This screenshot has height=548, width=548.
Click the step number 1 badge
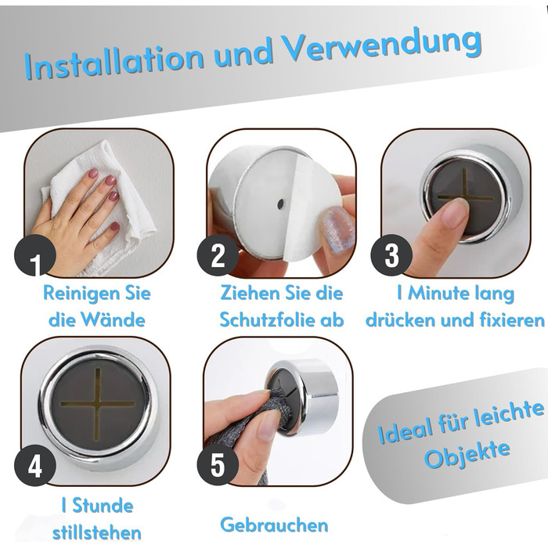tap(35, 255)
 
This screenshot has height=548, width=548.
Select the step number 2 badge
tap(218, 255)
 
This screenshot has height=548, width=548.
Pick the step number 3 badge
tap(391, 255)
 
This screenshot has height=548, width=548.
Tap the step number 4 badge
tap(35, 465)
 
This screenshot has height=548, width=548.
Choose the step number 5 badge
tap(218, 465)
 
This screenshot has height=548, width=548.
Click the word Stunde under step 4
tap(103, 506)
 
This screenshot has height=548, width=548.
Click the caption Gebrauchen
tap(274, 525)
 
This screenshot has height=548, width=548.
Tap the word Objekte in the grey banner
tap(467, 455)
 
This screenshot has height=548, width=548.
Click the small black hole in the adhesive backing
tap(280, 204)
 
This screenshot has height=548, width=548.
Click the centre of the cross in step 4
tap(97, 404)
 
